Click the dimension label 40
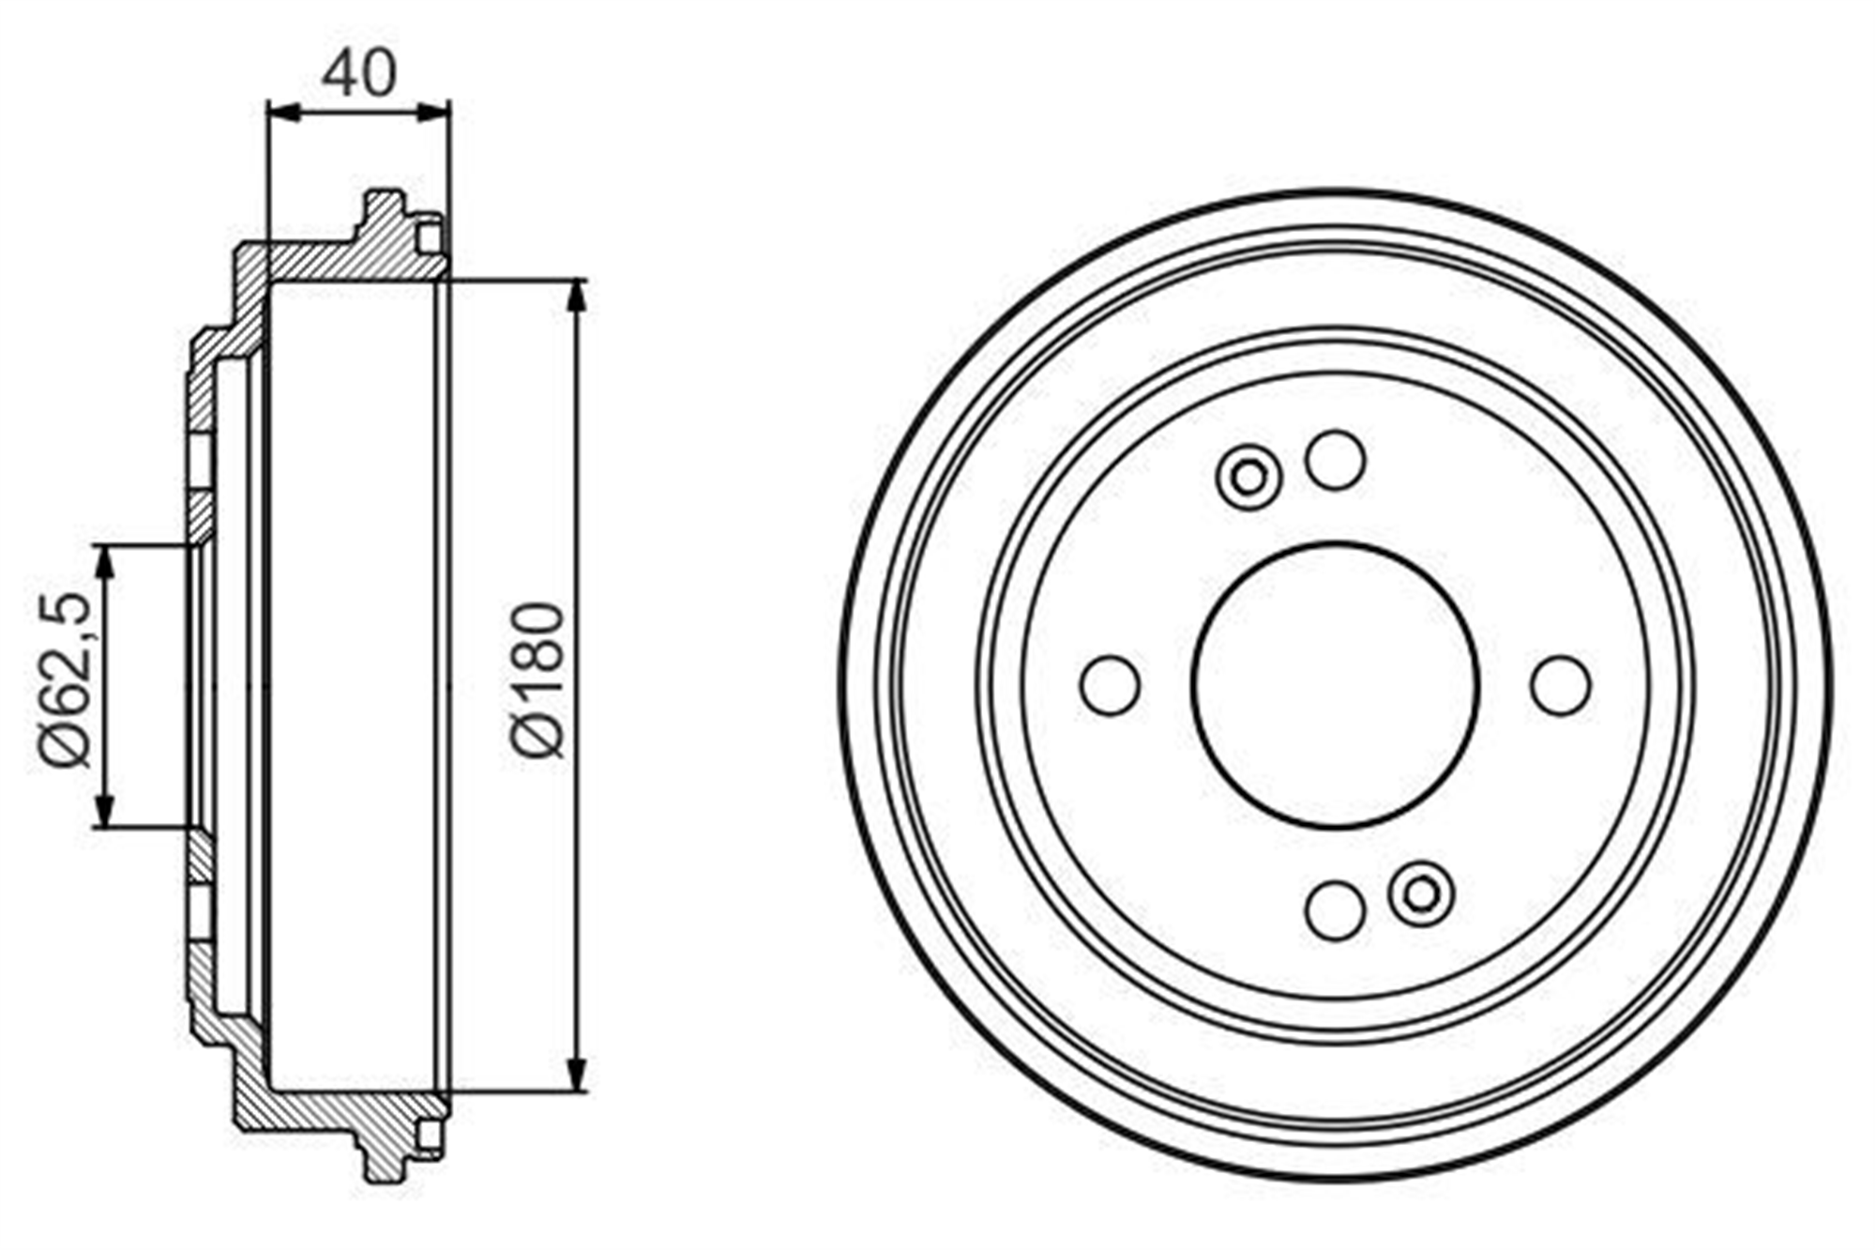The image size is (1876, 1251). [x=359, y=73]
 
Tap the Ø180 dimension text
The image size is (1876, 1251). [x=537, y=679]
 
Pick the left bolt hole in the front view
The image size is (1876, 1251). [x=1111, y=685]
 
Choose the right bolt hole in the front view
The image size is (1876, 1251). [x=1560, y=685]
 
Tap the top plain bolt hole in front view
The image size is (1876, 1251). [x=1335, y=460]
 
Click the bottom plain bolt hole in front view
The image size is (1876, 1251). [x=1335, y=909]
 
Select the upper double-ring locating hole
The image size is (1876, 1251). [x=1248, y=478]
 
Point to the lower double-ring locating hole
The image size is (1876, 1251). [x=1422, y=893]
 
